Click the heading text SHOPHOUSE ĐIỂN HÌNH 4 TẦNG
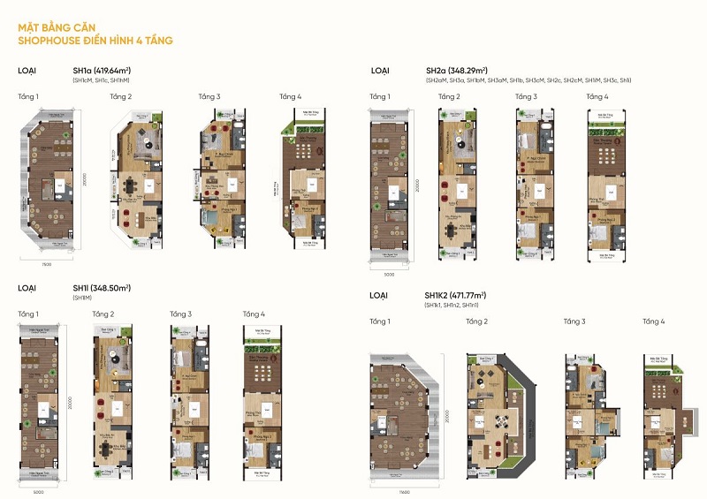pos(95,41)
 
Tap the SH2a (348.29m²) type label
pos(455,69)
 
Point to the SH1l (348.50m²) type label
pos(102,288)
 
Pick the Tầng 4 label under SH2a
pos(597,95)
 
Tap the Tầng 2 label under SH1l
pos(103,314)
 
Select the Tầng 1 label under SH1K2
pos(381,321)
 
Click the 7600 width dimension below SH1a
pos(45,263)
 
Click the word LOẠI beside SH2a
pos(380,69)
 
